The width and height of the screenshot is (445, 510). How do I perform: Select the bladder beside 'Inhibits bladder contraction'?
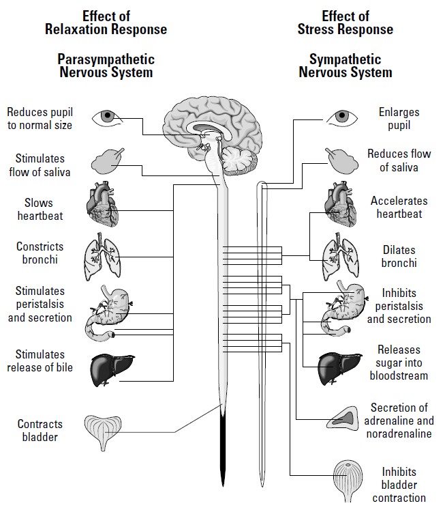pos(351,479)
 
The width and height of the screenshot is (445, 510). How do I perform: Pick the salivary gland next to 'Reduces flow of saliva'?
pos(340,161)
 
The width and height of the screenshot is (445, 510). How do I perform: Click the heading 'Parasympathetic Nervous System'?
pos(106,66)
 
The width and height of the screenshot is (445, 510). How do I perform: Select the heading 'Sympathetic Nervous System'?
pos(346,66)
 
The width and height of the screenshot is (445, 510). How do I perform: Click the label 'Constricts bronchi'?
pos(40,253)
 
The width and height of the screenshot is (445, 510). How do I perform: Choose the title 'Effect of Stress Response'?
pos(345,23)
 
